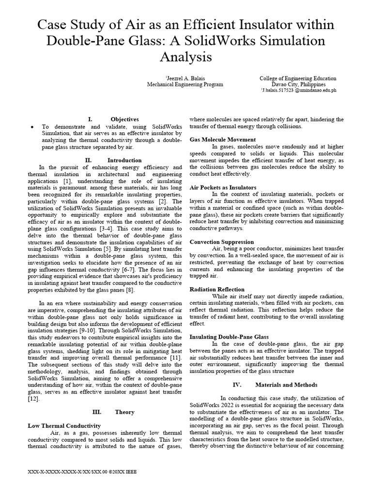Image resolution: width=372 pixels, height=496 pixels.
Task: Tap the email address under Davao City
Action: click(299, 90)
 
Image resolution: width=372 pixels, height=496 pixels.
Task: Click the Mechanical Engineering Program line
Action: click(185, 84)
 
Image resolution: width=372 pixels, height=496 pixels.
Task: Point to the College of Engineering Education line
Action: click(298, 77)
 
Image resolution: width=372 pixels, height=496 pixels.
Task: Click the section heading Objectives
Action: click(124, 119)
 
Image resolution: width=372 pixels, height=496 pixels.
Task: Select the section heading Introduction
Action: click(124, 160)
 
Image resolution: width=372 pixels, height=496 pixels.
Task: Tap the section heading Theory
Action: click(124, 412)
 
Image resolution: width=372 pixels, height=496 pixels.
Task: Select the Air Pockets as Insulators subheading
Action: click(222, 187)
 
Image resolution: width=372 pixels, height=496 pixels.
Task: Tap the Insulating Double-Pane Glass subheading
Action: click(229, 336)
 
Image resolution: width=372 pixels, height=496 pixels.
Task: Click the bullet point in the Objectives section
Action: click(32, 126)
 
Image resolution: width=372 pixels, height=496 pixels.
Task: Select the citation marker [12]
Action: click(34, 399)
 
